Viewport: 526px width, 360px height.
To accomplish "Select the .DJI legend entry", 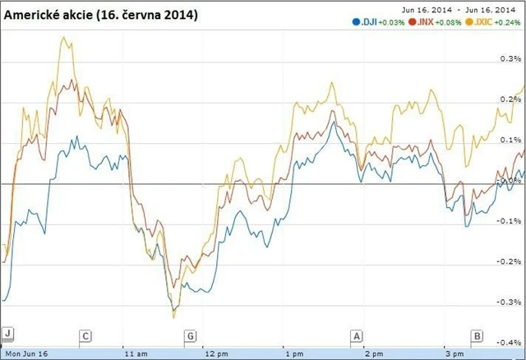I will [362, 22].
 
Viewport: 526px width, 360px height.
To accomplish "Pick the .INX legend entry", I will [421, 22].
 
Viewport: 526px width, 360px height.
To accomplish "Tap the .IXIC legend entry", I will [479, 22].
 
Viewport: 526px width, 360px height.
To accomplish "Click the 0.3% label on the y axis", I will [510, 59].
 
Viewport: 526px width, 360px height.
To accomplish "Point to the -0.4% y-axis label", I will [510, 342].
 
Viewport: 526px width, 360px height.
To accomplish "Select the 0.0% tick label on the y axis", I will [510, 180].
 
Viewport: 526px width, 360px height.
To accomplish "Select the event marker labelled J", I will [8, 334].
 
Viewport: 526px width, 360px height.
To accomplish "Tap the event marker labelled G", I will [191, 336].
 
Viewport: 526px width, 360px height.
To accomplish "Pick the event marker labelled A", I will [357, 336].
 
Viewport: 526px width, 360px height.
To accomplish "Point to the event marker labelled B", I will [476, 336].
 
